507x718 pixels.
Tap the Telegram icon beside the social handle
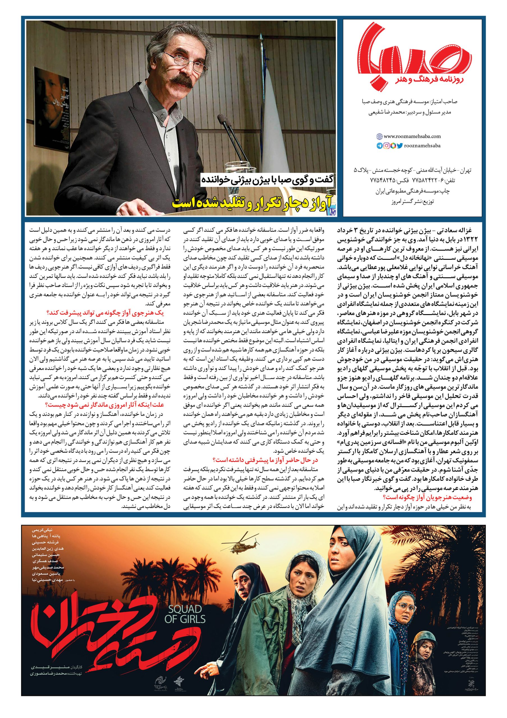point(379,145)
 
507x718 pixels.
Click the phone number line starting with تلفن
point(419,180)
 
